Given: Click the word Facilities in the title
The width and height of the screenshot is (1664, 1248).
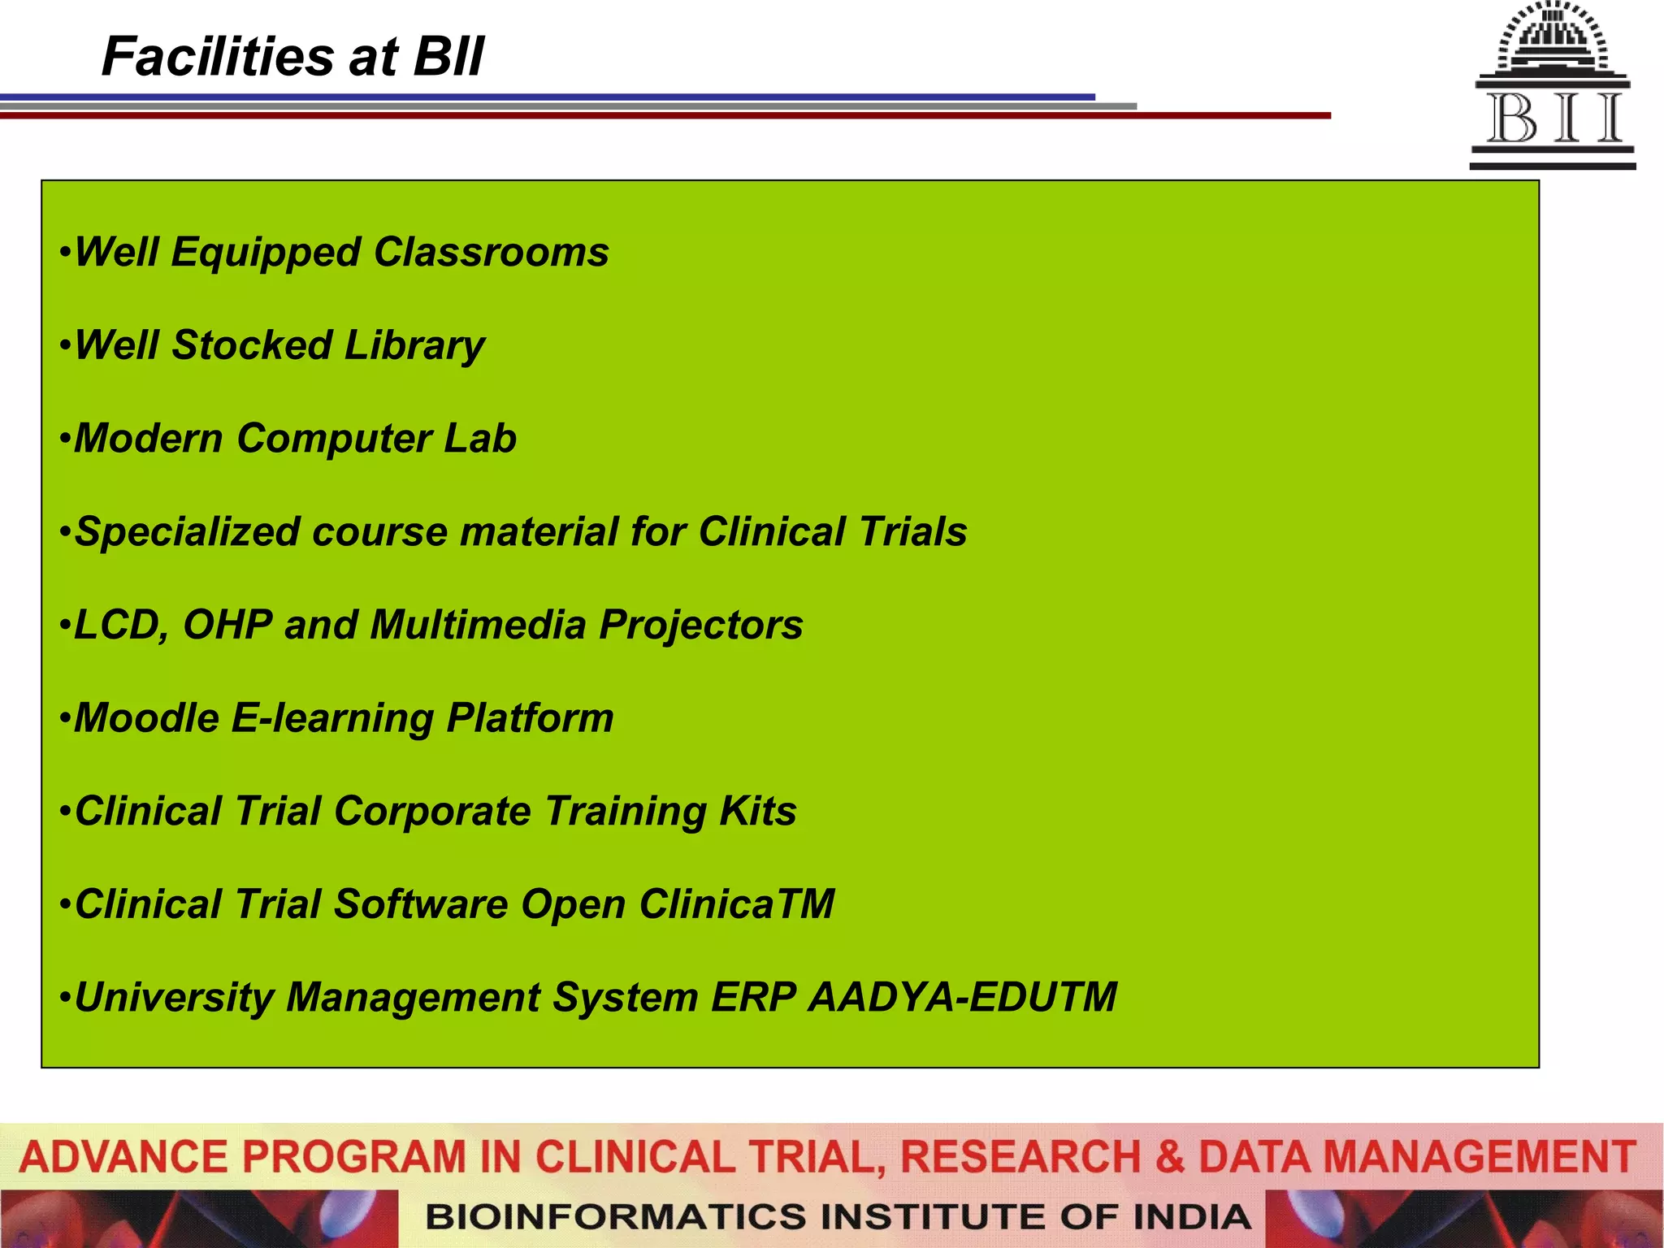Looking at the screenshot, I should (x=218, y=57).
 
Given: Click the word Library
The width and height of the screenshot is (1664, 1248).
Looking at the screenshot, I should (x=414, y=345).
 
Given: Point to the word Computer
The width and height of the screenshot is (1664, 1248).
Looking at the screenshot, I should (x=334, y=439).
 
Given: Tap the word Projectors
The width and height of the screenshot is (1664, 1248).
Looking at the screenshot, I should (x=700, y=625).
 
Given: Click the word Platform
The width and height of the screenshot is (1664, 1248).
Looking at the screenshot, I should (x=530, y=718).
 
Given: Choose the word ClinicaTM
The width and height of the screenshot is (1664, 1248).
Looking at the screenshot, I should (x=736, y=904).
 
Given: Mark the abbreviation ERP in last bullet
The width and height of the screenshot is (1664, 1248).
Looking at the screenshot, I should (x=752, y=998).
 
